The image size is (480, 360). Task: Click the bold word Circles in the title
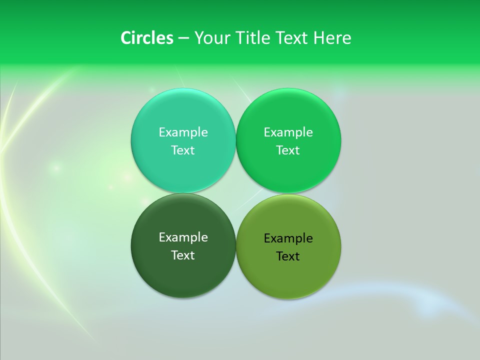point(146,38)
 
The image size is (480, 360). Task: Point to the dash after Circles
point(183,38)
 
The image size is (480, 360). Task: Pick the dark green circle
point(183,272)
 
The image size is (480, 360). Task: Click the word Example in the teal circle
point(183,132)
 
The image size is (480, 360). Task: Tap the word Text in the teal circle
point(183,150)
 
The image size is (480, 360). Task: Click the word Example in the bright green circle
point(288,132)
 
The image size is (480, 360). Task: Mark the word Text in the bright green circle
point(288,150)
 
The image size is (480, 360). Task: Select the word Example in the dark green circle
point(183,237)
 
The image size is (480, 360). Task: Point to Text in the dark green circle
point(183,255)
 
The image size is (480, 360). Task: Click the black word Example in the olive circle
point(288,238)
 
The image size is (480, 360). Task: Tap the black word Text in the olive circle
point(288,256)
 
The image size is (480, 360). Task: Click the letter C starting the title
point(126,38)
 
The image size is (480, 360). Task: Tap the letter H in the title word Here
point(318,38)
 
